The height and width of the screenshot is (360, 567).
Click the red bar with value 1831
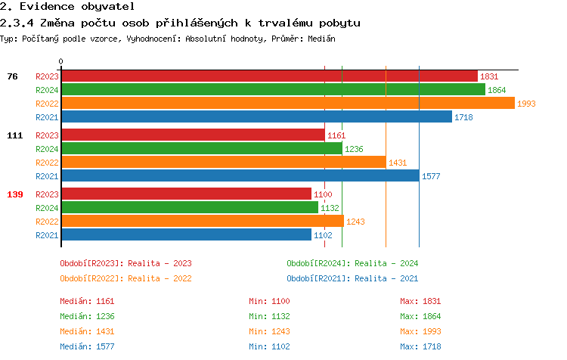tap(268, 76)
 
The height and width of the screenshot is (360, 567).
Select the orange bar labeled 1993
tap(287, 104)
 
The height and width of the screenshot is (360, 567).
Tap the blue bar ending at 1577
tap(240, 176)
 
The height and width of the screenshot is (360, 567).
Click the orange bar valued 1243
tap(202, 222)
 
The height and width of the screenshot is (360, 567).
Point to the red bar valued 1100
tap(186, 194)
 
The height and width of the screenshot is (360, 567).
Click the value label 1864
tap(497, 90)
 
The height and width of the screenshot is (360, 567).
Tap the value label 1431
tap(397, 163)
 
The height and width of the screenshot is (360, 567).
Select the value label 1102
tap(323, 235)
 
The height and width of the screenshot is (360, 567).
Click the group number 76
tap(12, 76)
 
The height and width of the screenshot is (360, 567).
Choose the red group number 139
tap(14, 194)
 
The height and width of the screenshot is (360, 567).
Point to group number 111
tap(14, 135)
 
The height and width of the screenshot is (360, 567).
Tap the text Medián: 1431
tap(87, 331)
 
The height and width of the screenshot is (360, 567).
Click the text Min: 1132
tap(269, 316)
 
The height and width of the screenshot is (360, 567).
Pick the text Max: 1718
tap(420, 346)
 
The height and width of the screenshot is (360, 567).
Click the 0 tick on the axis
tap(61, 61)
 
